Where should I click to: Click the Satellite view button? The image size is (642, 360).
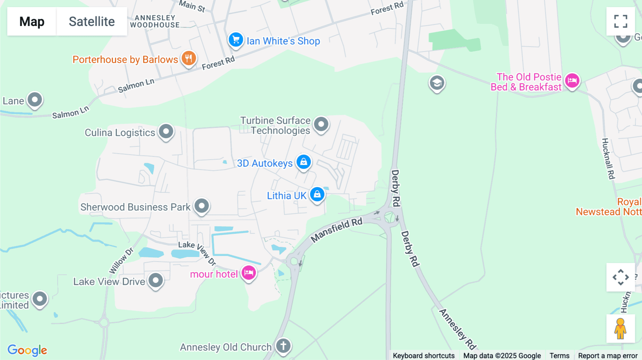(92, 21)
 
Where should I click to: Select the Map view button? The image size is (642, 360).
(32, 21)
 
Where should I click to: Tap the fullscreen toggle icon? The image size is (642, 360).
(621, 21)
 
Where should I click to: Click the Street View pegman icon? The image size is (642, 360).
(621, 328)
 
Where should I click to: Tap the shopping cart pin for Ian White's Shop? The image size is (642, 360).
(236, 40)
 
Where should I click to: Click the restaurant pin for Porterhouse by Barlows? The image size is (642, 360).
(189, 58)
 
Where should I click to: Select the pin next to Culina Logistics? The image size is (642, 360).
(166, 132)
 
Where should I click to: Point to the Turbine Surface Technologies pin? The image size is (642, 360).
(321, 124)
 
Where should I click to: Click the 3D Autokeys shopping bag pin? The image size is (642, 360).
(304, 162)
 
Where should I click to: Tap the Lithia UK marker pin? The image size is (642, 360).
(317, 195)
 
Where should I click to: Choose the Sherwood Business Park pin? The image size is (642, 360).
(202, 206)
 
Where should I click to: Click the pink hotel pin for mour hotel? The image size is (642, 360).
(249, 273)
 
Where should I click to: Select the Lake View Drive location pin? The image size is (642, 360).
(156, 281)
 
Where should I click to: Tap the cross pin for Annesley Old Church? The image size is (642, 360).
(283, 346)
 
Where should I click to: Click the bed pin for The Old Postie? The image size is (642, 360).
(572, 81)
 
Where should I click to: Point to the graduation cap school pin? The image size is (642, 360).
(437, 83)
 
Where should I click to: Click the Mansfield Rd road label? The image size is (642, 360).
(336, 230)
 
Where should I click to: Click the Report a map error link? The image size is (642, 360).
(608, 356)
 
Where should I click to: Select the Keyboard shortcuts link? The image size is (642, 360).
(424, 356)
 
